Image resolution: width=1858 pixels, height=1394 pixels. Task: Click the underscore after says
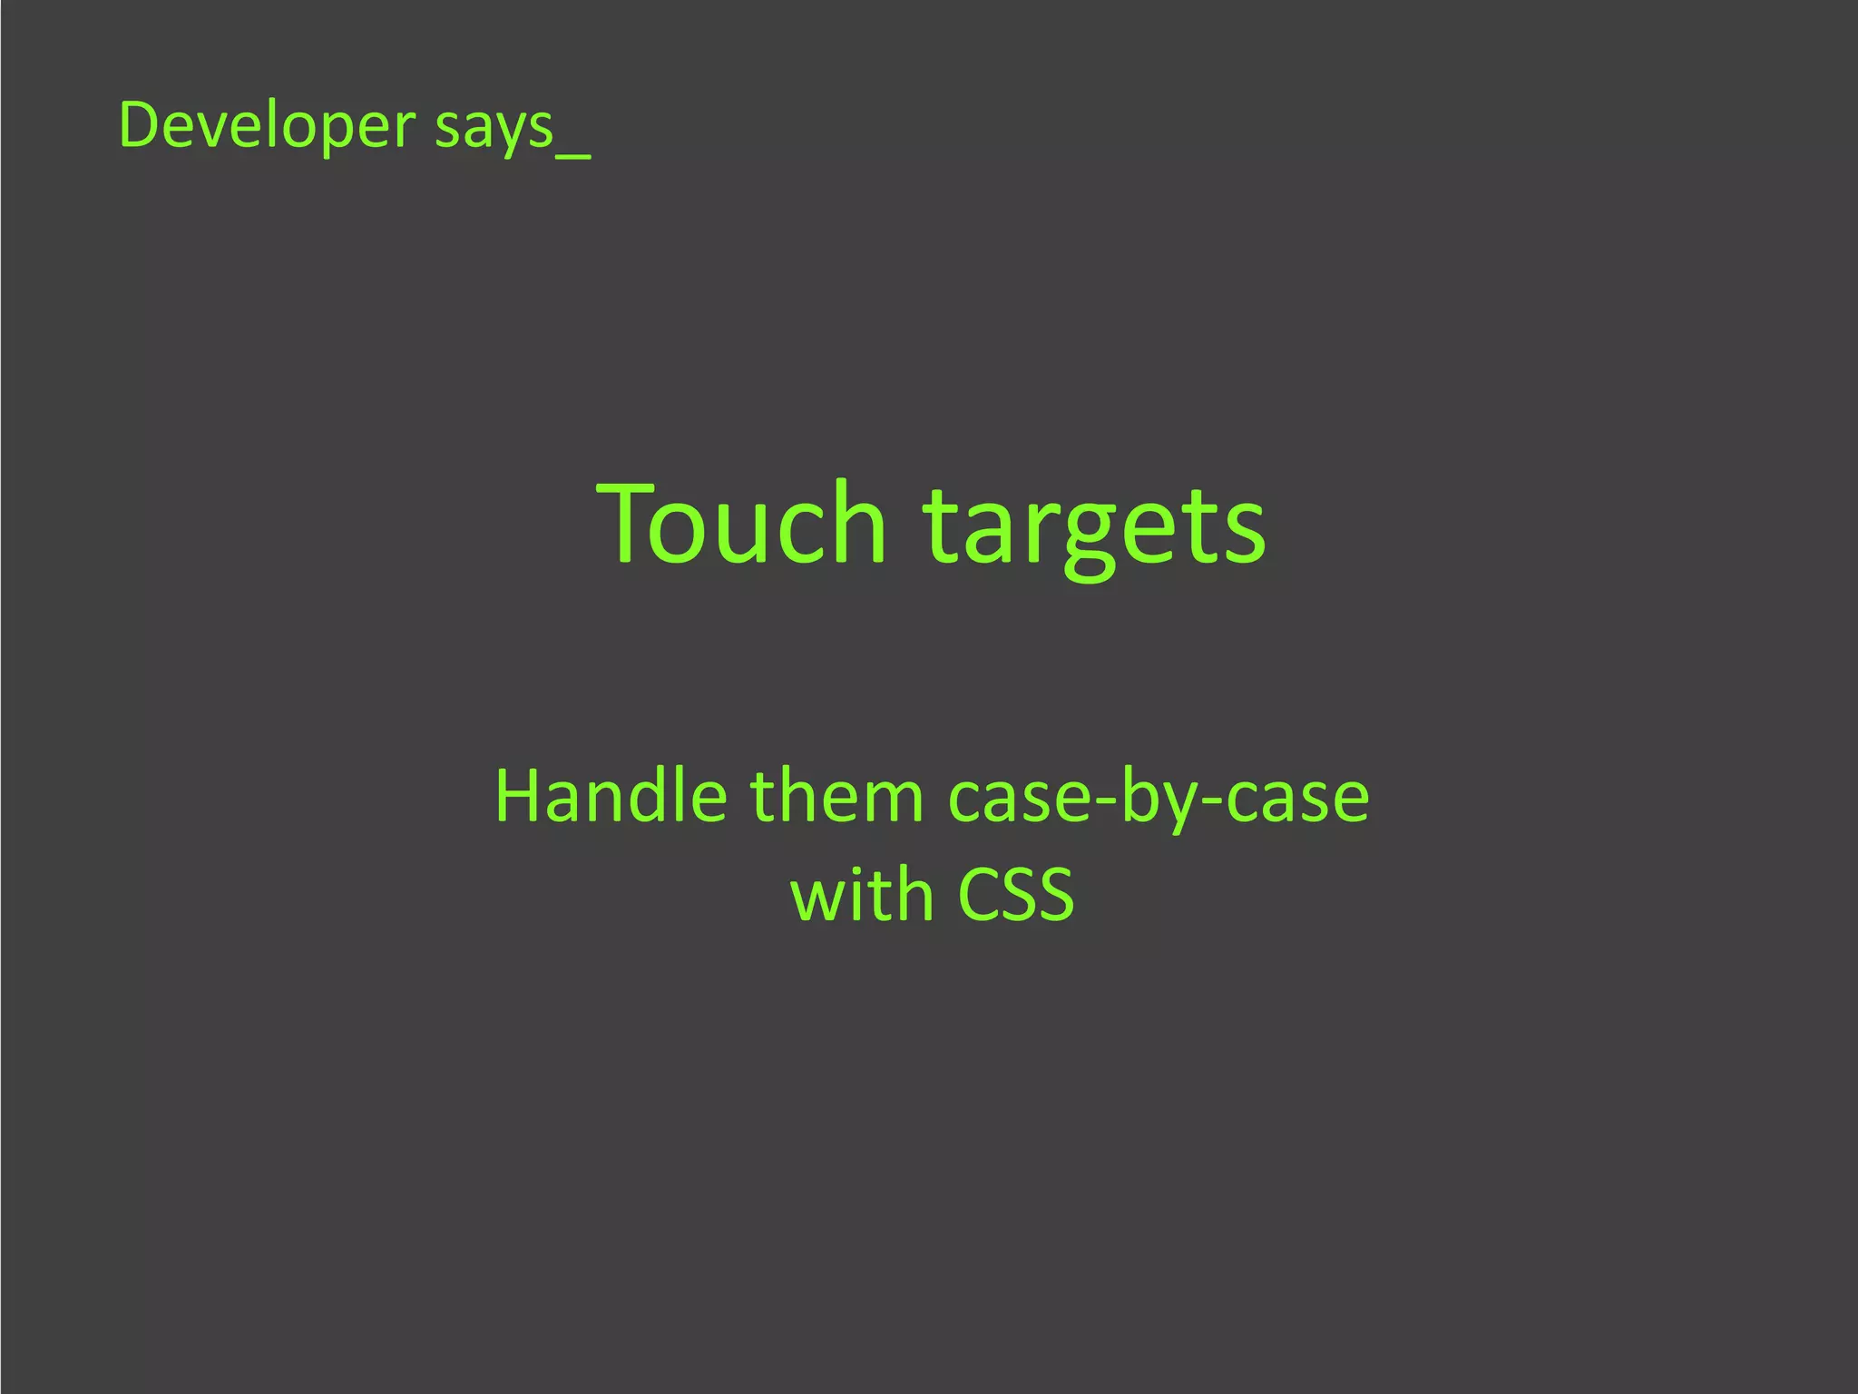tap(573, 155)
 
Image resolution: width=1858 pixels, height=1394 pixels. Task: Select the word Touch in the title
tap(740, 525)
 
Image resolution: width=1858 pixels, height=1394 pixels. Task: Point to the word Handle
tap(611, 796)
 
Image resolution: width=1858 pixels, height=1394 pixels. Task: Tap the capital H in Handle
tap(516, 796)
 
